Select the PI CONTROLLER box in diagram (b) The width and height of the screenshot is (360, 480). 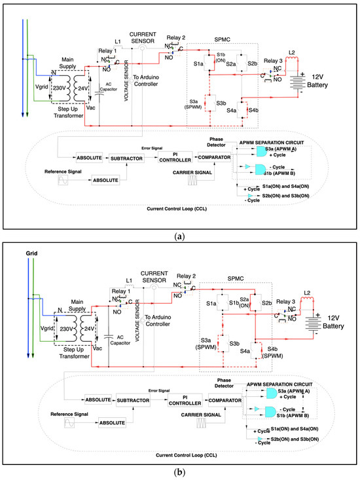click(x=185, y=399)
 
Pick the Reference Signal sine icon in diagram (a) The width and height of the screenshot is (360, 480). click(x=63, y=180)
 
